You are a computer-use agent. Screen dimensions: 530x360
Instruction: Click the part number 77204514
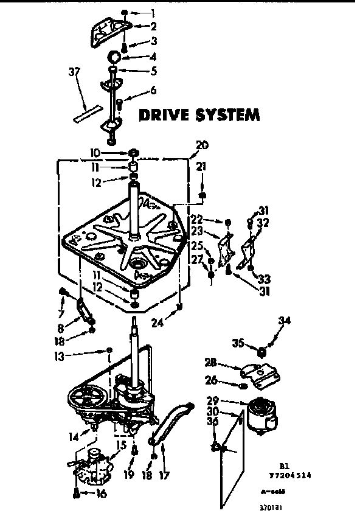pyautogui.click(x=296, y=461)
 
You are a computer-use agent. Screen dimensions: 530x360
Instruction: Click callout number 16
pyautogui.click(x=100, y=494)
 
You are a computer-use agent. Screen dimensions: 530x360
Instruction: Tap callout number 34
pyautogui.click(x=284, y=321)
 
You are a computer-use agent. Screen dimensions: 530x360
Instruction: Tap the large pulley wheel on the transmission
pyautogui.click(x=85, y=399)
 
